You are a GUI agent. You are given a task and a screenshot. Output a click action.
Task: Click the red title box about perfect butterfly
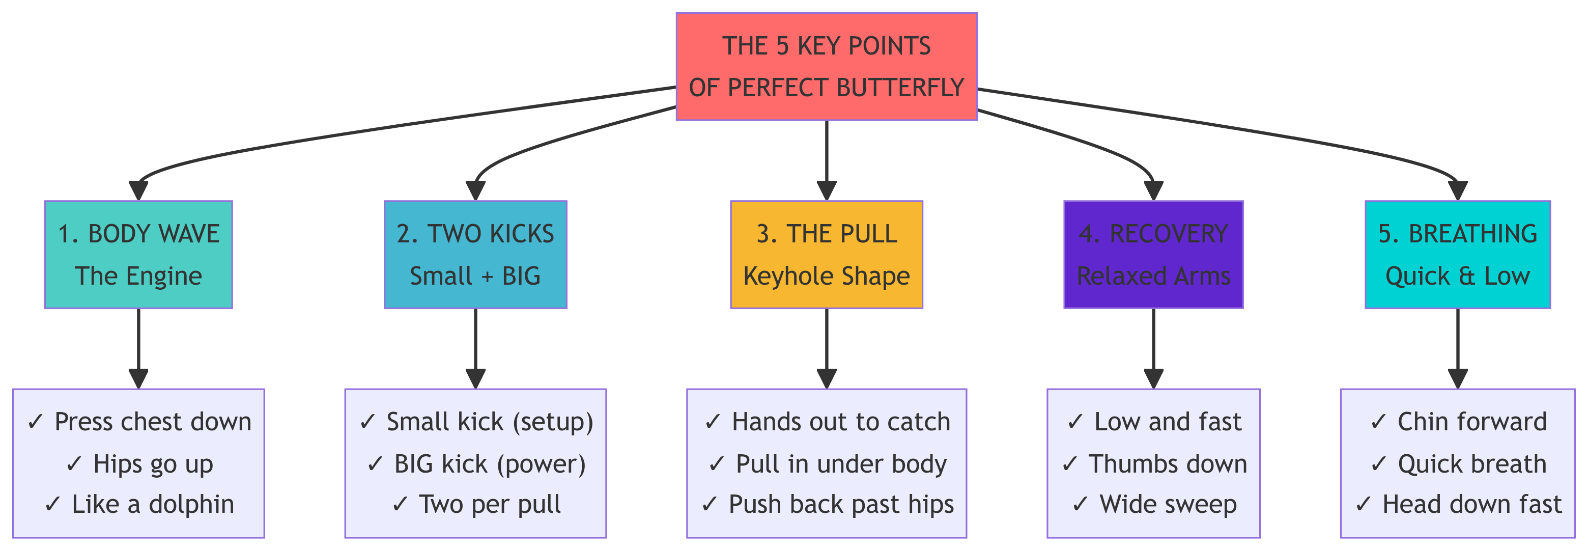point(826,67)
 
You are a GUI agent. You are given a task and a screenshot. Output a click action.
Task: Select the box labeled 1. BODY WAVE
point(139,254)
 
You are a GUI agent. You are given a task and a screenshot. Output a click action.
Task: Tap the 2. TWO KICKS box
point(475,254)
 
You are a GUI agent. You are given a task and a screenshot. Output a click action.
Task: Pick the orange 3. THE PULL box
point(826,254)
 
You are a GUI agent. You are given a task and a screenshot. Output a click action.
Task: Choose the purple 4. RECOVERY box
point(1153,254)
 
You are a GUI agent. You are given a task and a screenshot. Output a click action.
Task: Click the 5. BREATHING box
point(1457,254)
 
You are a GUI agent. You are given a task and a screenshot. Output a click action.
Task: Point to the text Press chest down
point(139,422)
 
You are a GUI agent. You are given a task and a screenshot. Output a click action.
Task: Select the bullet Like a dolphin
point(139,504)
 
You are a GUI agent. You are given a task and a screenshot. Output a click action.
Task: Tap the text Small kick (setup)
point(476,422)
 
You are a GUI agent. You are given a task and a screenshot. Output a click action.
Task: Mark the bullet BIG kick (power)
point(476,463)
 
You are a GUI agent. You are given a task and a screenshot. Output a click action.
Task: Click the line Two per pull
point(476,504)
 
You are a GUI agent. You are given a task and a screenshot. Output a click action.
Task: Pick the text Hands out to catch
point(827,422)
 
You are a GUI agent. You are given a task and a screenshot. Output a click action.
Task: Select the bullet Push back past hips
point(827,504)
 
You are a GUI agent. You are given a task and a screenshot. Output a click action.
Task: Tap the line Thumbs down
point(1154,463)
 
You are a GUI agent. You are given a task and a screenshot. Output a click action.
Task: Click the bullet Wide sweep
point(1154,504)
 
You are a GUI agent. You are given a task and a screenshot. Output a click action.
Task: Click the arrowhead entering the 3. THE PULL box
point(826,191)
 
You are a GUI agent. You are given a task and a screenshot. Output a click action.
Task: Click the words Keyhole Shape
point(826,276)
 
